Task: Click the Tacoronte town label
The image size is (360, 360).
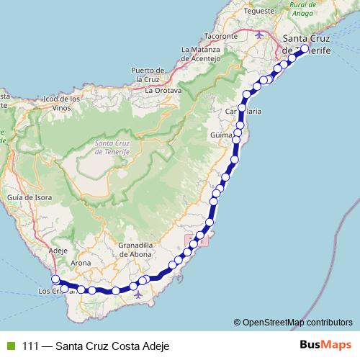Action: (x=220, y=35)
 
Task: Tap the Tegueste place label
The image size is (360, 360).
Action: (x=259, y=12)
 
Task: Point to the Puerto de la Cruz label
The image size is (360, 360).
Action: (x=149, y=74)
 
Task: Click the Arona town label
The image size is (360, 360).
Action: (x=81, y=263)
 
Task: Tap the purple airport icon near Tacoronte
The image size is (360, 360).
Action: (x=260, y=34)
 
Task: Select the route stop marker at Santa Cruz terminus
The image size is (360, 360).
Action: (x=304, y=49)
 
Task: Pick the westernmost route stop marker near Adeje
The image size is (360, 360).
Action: (x=55, y=280)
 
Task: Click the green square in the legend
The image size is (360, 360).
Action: (x=10, y=345)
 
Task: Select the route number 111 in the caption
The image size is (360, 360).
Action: (x=30, y=345)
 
